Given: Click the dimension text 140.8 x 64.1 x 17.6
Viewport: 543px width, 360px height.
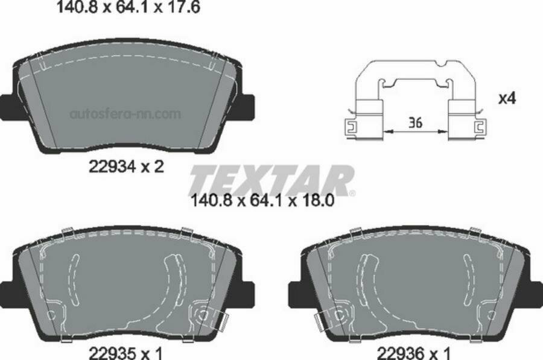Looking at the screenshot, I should point(128,8).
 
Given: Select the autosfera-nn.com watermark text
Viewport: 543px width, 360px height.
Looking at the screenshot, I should point(125,113).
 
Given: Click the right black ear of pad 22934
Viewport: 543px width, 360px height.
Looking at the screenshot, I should point(244,107).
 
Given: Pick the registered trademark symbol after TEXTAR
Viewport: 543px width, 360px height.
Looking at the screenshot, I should point(352,193).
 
